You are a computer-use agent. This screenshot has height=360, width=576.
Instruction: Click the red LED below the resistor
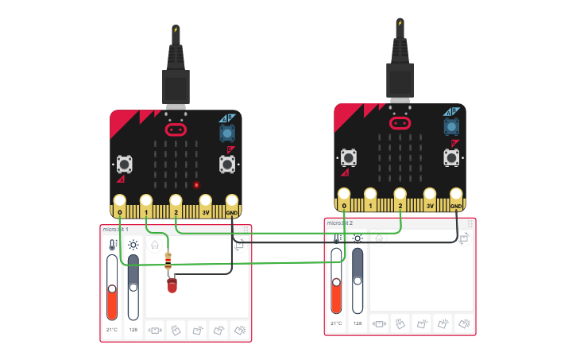172,285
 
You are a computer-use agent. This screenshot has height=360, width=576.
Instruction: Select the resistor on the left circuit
168,260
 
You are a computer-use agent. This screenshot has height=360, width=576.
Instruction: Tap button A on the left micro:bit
124,164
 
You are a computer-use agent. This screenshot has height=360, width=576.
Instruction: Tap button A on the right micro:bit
348,157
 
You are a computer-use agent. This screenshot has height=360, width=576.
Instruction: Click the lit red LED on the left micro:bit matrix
196,185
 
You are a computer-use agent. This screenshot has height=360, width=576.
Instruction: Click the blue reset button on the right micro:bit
451,126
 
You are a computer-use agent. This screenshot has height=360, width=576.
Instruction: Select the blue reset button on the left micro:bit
227,133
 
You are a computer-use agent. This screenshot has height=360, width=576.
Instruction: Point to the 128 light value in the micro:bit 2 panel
358,323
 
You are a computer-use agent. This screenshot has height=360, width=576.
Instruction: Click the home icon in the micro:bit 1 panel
154,246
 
